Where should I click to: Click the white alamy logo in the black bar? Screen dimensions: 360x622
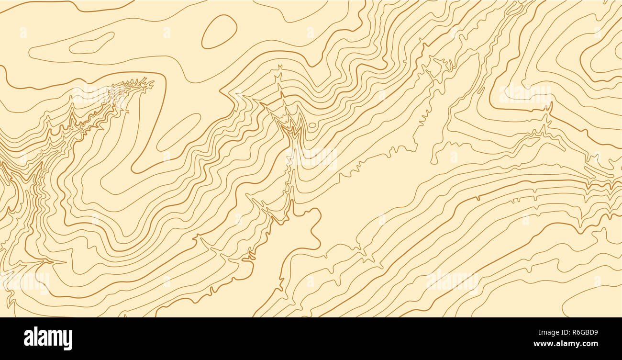pyautogui.click(x=48, y=338)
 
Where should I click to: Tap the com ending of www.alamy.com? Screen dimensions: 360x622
pyautogui.click(x=590, y=344)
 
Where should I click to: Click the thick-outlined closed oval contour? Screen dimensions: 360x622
pyautogui.click(x=219, y=32)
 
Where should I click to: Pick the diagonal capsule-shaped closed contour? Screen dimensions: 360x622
pyautogui.click(x=178, y=132)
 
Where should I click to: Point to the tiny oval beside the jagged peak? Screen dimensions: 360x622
pyautogui.click(x=312, y=125)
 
